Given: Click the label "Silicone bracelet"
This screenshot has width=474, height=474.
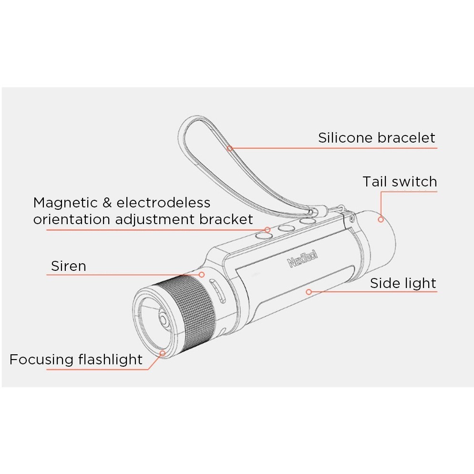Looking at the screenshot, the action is pos(376,138).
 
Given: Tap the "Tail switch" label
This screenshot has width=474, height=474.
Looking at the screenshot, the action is pos(400,182).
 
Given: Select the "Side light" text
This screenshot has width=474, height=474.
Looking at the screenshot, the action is pos(403,284).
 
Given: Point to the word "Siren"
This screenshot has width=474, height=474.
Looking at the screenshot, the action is pos(69,266).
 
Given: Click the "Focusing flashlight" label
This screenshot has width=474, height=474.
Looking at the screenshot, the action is pos(76,360).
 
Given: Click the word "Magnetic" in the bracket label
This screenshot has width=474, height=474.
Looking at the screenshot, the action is pos(65,203).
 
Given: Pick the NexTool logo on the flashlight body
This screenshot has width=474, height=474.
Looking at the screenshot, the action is pos(302,259).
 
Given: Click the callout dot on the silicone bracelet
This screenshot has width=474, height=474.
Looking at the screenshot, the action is pos(230,148).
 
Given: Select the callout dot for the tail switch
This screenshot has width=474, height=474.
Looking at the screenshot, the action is pos(381,219).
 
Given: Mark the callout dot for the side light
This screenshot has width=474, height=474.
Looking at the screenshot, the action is pos(309,292).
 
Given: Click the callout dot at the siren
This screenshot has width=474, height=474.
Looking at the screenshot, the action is pos(202,275).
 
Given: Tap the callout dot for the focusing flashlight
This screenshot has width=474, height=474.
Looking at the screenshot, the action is pos(163,353).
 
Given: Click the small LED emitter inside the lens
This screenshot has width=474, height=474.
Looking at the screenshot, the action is pos(164,319).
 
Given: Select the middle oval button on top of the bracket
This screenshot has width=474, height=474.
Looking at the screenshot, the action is pos(286,228).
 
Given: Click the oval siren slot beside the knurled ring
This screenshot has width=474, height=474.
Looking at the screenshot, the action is pos(217,291).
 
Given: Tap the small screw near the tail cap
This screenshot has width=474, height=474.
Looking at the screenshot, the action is pos(351,218).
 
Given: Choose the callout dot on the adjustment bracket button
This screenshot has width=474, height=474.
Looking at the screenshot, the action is pos(267,230).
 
